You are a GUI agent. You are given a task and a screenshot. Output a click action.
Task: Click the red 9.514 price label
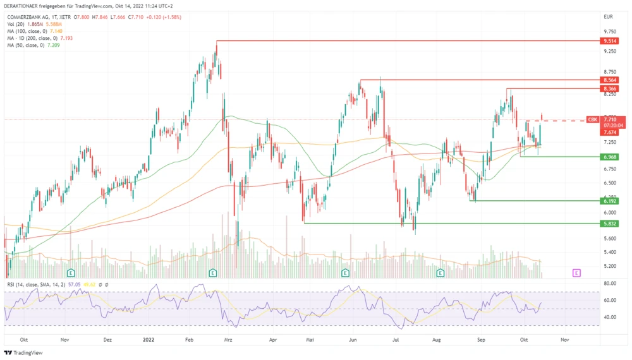click(610, 41)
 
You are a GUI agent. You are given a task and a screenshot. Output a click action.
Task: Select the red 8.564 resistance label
click(610, 80)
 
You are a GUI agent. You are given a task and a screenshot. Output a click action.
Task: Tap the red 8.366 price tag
click(610, 89)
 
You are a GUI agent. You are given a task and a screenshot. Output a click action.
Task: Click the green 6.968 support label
click(610, 157)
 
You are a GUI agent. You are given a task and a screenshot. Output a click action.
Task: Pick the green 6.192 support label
click(610, 201)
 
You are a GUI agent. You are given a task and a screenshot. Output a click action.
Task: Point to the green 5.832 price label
click(610, 224)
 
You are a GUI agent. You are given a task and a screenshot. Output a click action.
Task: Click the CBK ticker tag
click(593, 119)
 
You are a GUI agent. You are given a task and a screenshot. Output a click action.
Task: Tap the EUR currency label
click(608, 16)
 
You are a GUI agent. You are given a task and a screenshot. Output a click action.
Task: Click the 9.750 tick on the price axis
click(610, 31)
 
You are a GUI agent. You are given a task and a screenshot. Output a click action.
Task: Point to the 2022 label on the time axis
click(150, 339)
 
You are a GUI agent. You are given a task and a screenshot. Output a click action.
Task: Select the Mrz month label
click(229, 339)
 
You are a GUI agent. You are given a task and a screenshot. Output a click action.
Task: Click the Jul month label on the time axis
click(396, 339)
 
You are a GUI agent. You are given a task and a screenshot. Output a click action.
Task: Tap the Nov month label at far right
click(565, 339)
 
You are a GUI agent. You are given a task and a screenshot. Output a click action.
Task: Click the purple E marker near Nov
click(576, 273)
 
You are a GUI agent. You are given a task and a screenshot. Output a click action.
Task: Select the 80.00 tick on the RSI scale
click(610, 284)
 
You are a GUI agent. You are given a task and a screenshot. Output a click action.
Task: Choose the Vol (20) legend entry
click(15, 24)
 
